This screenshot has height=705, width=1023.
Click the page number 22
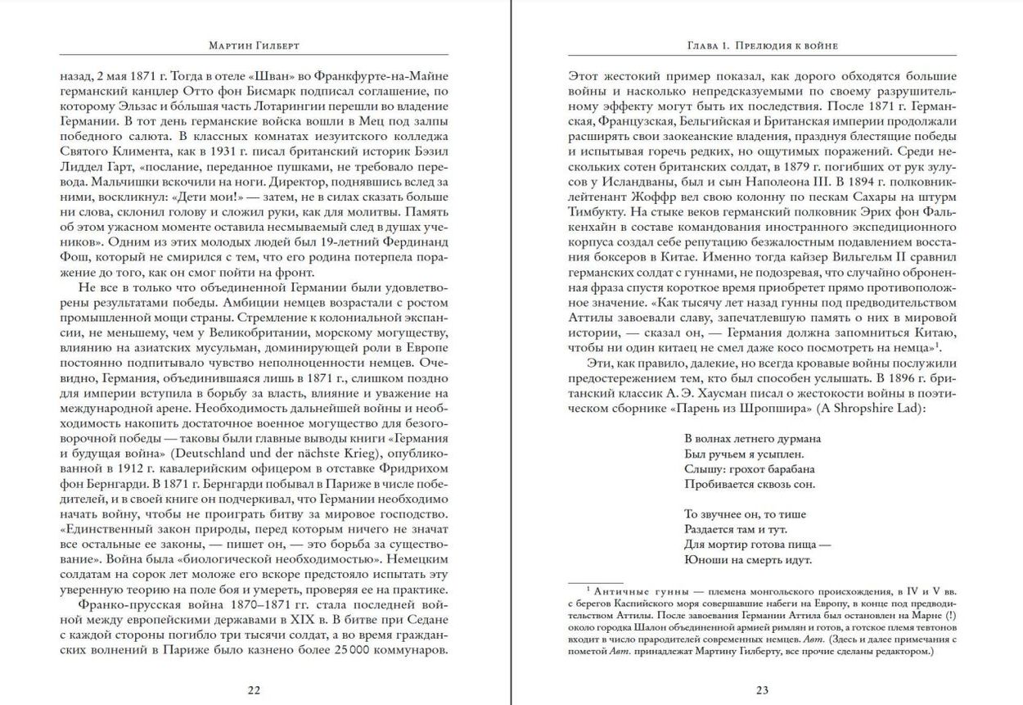255,689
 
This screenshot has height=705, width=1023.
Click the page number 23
762,689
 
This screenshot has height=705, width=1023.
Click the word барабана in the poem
789,468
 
